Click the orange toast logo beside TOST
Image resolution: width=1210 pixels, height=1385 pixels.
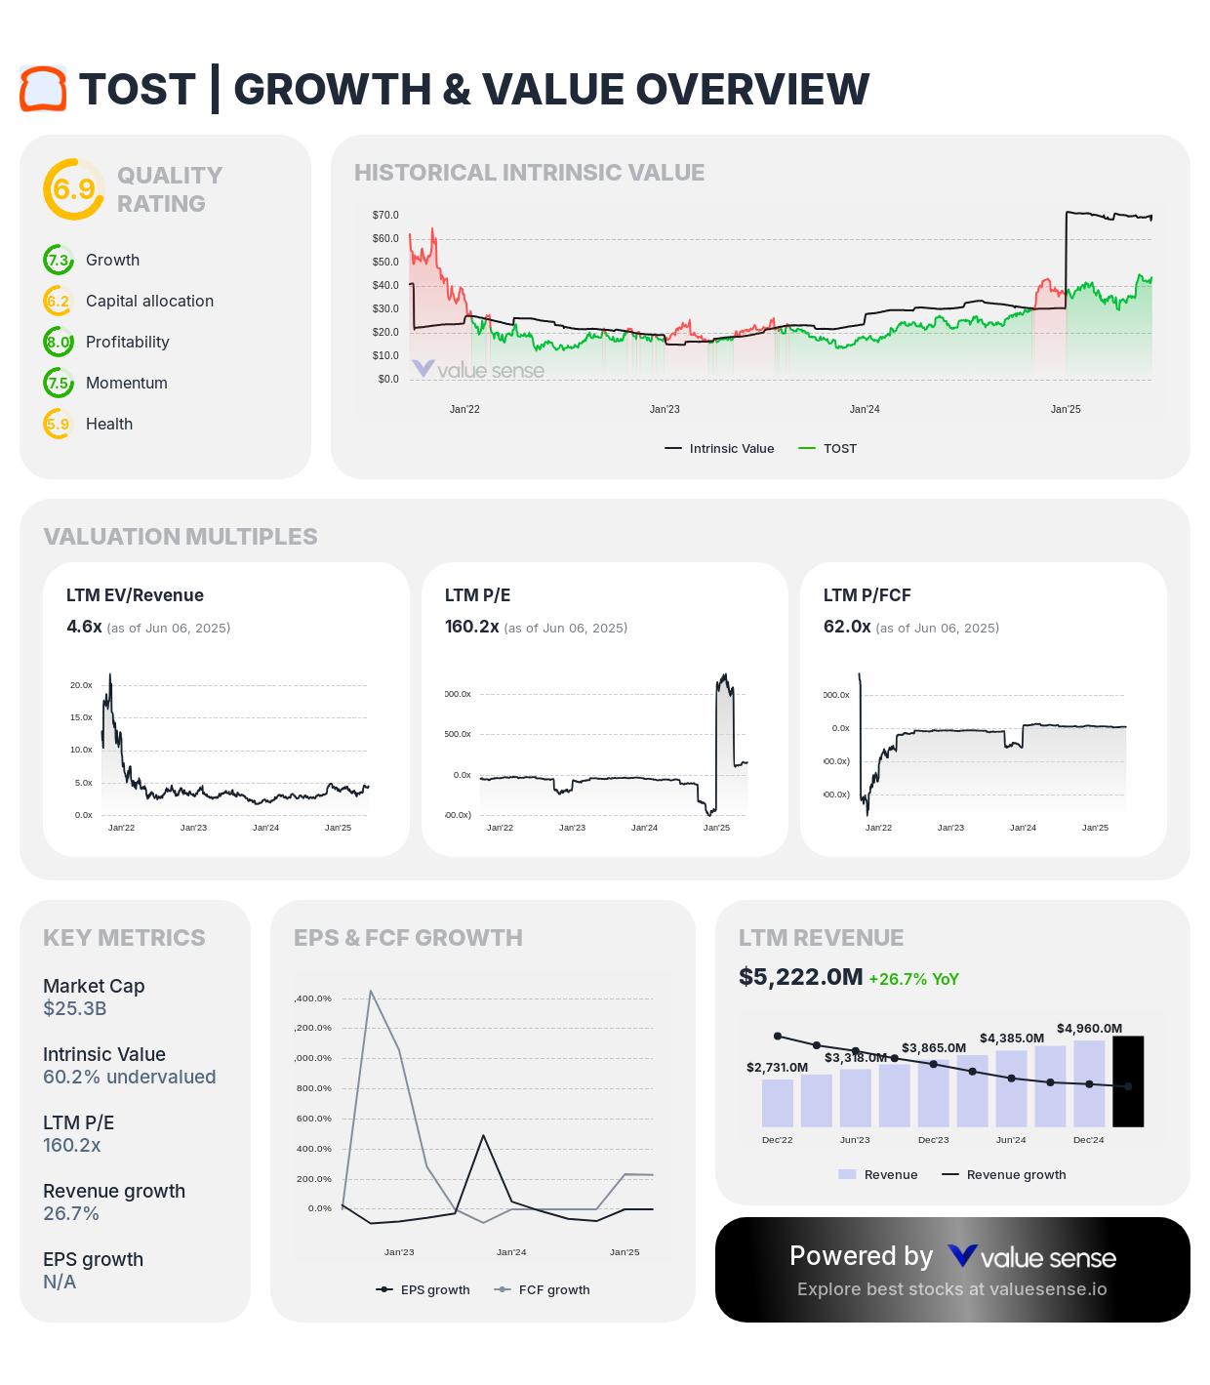click(x=43, y=89)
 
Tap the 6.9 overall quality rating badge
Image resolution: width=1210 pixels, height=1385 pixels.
click(x=73, y=189)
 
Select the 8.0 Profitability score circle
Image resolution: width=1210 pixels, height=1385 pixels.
click(x=59, y=343)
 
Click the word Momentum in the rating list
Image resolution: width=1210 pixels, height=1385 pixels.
click(x=127, y=384)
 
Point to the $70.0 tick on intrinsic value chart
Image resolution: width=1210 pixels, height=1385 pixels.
click(x=385, y=215)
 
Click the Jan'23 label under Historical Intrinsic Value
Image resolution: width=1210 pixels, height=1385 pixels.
click(x=665, y=410)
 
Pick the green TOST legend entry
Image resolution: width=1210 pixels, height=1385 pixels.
click(x=828, y=449)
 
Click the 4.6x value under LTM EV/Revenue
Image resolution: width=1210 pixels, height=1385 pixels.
click(x=84, y=627)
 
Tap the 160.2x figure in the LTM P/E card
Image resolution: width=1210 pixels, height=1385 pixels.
click(x=472, y=627)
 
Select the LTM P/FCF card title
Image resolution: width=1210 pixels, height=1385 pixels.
click(x=867, y=595)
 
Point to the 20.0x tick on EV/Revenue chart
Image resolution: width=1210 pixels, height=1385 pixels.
click(x=81, y=685)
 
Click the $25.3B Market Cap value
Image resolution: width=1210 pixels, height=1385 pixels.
click(x=75, y=1008)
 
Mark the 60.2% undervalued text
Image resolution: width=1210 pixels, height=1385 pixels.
click(x=130, y=1077)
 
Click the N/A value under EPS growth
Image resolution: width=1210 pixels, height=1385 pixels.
click(x=60, y=1282)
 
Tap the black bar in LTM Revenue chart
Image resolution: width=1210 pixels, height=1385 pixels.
click(x=1128, y=1081)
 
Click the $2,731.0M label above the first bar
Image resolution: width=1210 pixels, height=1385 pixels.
click(x=777, y=1068)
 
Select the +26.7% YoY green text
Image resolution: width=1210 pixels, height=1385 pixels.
click(x=913, y=979)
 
